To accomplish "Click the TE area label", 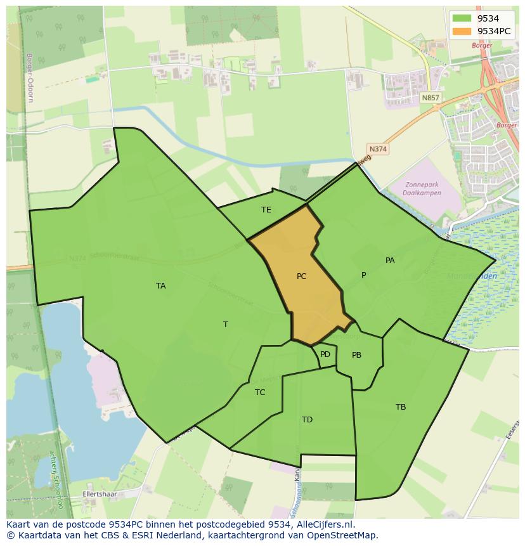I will [266, 210].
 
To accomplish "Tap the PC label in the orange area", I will [301, 276].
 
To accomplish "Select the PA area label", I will [390, 261].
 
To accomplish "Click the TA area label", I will [161, 286].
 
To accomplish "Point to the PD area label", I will [325, 354].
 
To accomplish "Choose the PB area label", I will [356, 355].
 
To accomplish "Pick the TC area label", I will [260, 393].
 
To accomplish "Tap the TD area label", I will [307, 420].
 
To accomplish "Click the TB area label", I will [401, 407].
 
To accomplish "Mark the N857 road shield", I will [430, 98].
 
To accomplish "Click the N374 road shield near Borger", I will [378, 149].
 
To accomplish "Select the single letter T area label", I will [225, 325].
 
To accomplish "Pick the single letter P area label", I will [363, 275].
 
